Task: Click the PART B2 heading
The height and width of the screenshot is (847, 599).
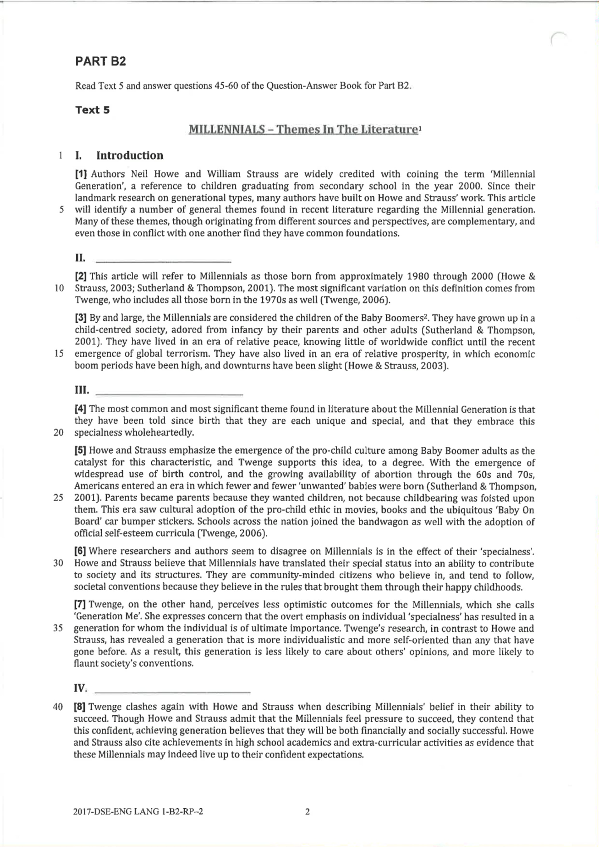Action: [x=100, y=61]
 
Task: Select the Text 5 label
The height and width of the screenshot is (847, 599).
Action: [x=92, y=110]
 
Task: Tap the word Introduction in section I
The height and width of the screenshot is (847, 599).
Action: [x=129, y=156]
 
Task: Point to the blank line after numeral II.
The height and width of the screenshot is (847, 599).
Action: [x=163, y=261]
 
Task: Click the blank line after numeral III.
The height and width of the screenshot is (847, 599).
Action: [x=169, y=394]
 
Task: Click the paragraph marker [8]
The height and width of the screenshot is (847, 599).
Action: [x=80, y=707]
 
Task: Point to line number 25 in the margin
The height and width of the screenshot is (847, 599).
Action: [x=58, y=498]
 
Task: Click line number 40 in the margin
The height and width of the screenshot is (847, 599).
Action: [x=58, y=707]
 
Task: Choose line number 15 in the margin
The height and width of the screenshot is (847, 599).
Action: [x=59, y=354]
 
